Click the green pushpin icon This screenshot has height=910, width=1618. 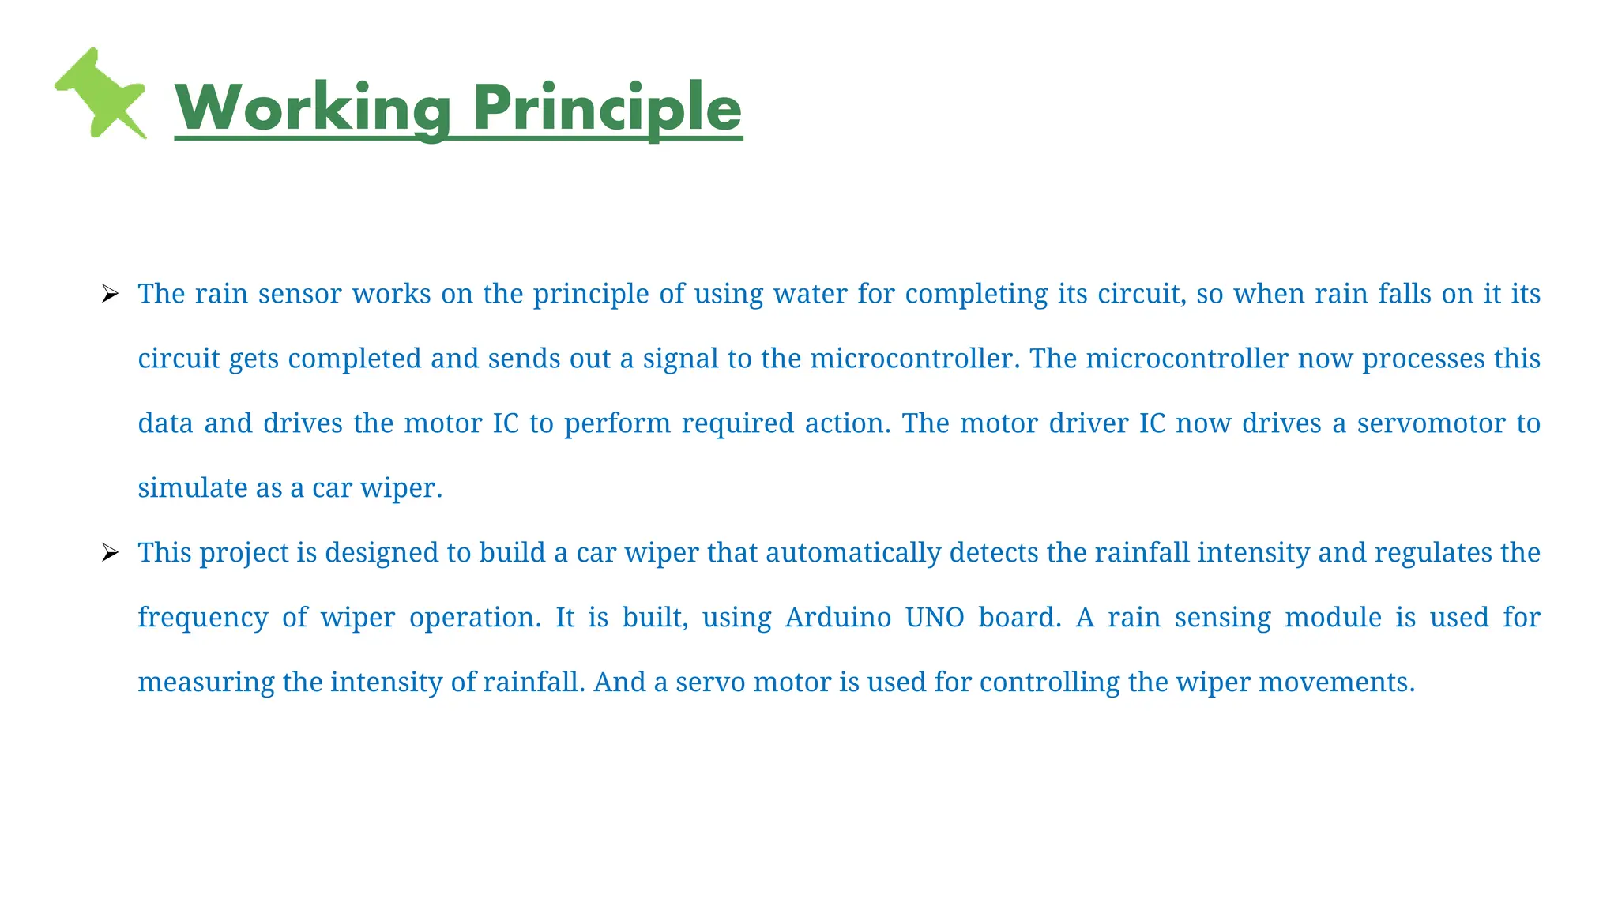click(x=100, y=93)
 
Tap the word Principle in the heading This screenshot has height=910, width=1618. click(x=607, y=108)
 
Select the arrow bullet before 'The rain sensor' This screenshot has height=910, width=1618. click(x=110, y=295)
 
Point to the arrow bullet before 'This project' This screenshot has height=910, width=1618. click(x=110, y=553)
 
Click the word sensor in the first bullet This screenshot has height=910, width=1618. click(x=299, y=294)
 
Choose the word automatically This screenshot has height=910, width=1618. click(x=852, y=553)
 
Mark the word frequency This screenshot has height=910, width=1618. click(x=203, y=618)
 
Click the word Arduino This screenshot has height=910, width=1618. click(x=838, y=617)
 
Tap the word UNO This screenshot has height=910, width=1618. click(x=935, y=617)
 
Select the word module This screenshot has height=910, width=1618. click(x=1333, y=617)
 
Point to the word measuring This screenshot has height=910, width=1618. click(x=205, y=682)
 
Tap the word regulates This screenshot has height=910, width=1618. click(x=1428, y=553)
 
